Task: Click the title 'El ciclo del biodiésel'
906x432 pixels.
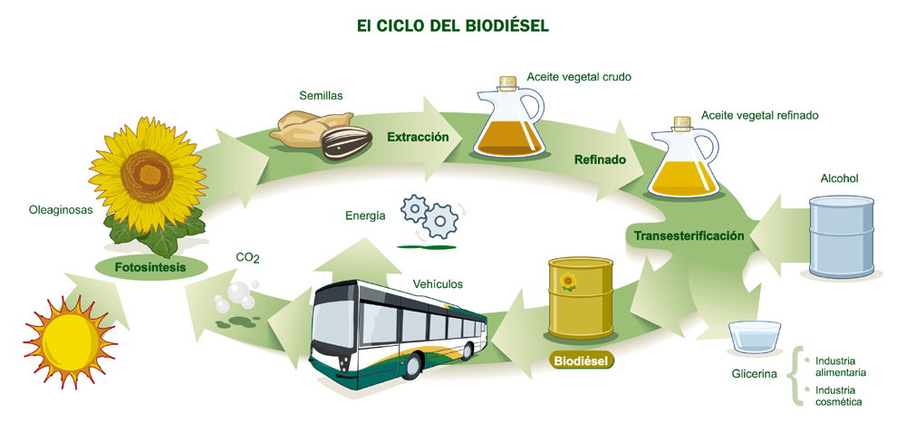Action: (453, 26)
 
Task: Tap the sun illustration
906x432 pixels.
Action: (66, 338)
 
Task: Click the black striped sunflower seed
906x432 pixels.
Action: (345, 142)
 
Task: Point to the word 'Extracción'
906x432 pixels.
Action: (418, 138)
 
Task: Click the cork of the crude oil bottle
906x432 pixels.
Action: (508, 82)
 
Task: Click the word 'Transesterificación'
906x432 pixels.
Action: (689, 236)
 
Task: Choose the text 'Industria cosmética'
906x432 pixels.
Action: (838, 395)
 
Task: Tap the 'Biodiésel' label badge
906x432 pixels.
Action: (581, 360)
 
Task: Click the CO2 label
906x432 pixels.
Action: (247, 258)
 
